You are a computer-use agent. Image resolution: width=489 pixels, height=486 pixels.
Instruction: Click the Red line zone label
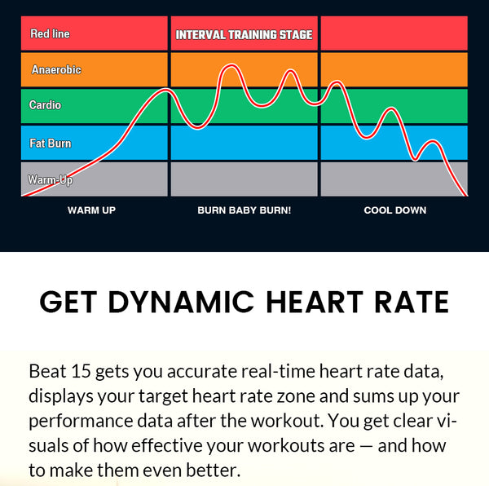click(x=50, y=34)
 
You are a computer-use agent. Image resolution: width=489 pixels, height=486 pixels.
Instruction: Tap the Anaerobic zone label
click(x=55, y=70)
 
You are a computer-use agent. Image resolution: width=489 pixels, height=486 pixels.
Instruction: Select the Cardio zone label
click(x=45, y=105)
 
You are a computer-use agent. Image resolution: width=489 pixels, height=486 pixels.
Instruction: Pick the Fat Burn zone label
click(x=50, y=144)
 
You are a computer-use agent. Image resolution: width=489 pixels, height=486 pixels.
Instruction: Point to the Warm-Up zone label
click(x=50, y=179)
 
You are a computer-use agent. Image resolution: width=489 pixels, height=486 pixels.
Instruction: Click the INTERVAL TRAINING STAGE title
click(x=244, y=35)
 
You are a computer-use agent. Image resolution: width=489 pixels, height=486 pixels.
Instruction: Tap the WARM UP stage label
click(x=91, y=210)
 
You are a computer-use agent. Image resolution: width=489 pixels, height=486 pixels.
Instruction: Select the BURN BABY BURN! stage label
click(x=244, y=210)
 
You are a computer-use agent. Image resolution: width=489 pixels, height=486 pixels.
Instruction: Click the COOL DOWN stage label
click(x=394, y=210)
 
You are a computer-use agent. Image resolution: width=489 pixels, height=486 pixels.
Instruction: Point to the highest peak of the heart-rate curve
click(x=231, y=66)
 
